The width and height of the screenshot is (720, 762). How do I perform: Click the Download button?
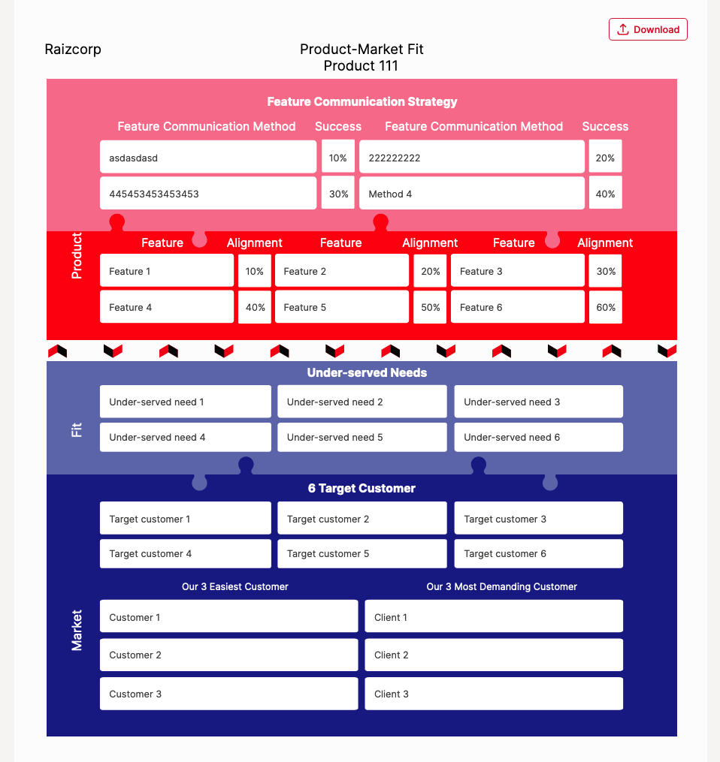pos(648,29)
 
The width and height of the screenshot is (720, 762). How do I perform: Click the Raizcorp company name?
pos(73,50)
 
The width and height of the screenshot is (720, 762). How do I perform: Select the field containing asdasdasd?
pos(208,158)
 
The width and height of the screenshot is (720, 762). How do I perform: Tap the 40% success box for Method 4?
pos(605,194)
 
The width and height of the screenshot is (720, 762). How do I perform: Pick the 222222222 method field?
pos(471,158)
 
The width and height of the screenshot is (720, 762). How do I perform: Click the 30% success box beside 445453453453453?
pos(338,194)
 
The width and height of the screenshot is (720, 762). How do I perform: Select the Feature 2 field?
pos(342,271)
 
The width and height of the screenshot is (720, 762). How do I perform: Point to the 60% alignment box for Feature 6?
pos(605,307)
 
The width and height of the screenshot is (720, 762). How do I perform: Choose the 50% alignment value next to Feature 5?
pos(430,307)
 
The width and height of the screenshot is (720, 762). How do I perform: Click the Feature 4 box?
pos(166,307)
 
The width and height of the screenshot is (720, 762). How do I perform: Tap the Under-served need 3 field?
pos(538,402)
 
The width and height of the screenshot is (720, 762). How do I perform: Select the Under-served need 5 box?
pos(362,437)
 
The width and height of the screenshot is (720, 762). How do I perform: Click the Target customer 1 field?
pos(185,519)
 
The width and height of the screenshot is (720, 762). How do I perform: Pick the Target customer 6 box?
pos(538,553)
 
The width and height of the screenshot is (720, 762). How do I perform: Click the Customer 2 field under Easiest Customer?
pos(228,655)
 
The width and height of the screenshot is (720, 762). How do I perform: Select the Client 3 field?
pos(493,694)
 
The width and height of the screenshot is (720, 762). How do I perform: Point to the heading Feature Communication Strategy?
pos(362,101)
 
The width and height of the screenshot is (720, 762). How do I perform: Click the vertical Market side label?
pos(77,630)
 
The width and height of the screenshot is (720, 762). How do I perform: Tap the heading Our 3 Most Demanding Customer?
pos(501,586)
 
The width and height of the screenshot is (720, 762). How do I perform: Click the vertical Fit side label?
pos(77,430)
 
